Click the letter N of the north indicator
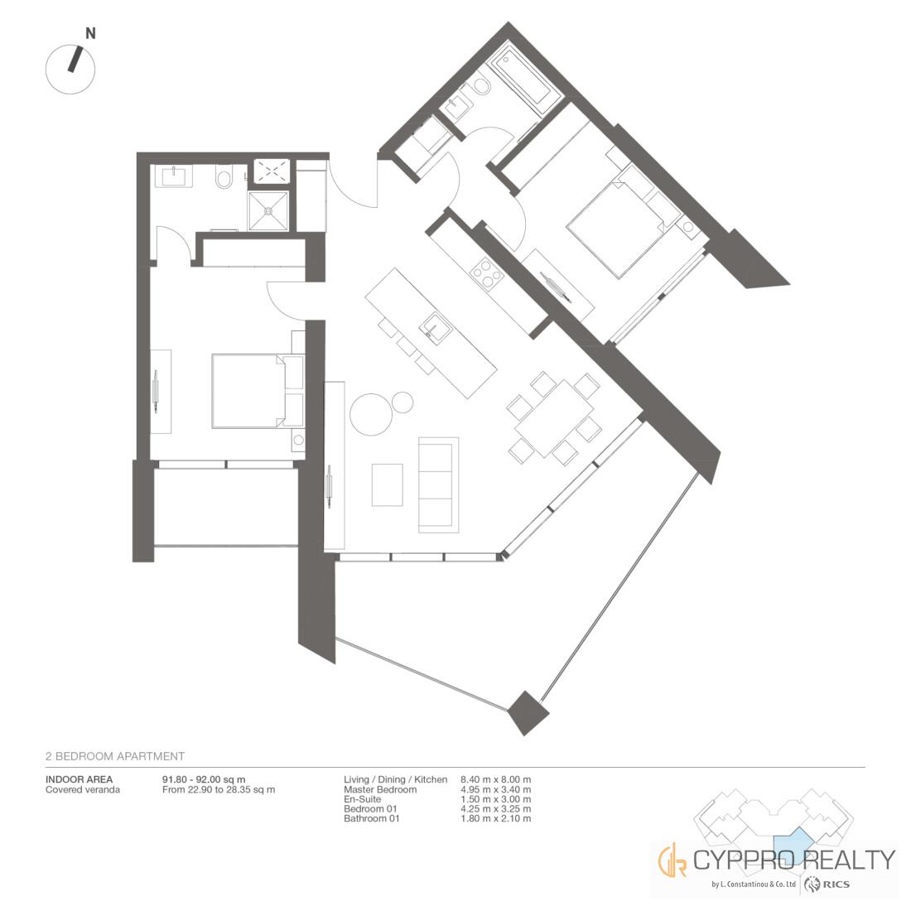(x=90, y=34)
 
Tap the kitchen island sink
(x=435, y=327)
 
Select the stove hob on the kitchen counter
(x=485, y=272)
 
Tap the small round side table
(x=402, y=402)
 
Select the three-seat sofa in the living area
(x=437, y=484)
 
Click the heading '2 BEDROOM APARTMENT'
(x=115, y=756)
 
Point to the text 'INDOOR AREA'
(x=79, y=779)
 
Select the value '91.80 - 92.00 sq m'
(x=204, y=779)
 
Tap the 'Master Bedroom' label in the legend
(x=380, y=789)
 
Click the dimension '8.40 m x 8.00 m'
(x=495, y=779)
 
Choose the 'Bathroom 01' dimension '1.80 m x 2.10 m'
(x=495, y=818)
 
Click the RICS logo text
(x=836, y=884)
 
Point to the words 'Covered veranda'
(x=83, y=789)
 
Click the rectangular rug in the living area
(x=388, y=484)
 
